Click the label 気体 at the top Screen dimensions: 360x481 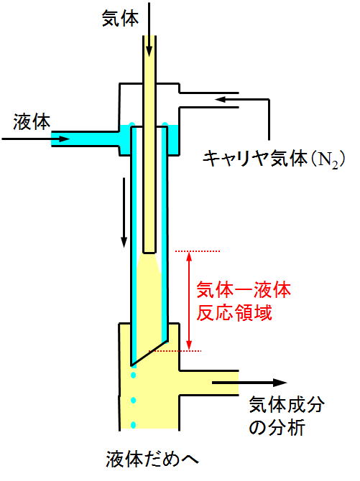[x=120, y=18]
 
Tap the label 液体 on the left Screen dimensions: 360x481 [x=32, y=122]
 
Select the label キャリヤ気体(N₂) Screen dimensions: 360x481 [x=274, y=159]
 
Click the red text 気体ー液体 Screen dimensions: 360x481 [x=244, y=290]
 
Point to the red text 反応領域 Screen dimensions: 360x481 [x=234, y=313]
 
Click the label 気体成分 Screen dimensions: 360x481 [x=286, y=404]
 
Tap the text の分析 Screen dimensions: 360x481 [x=277, y=427]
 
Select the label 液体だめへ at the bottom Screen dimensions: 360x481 [x=152, y=459]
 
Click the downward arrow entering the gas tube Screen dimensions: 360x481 [x=149, y=29]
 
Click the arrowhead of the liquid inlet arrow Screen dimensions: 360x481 [x=64, y=139]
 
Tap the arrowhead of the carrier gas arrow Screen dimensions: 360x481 [x=221, y=99]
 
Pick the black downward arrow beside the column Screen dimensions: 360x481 [x=124, y=213]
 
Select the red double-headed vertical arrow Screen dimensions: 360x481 [x=189, y=301]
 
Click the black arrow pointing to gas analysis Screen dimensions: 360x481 [x=249, y=383]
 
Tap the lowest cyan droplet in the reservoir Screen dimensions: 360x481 [x=134, y=425]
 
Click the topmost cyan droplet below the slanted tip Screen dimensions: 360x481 [x=134, y=375]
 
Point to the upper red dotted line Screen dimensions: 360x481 [x=197, y=251]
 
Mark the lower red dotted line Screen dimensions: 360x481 [x=175, y=350]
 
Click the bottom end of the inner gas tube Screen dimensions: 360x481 [x=149, y=253]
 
